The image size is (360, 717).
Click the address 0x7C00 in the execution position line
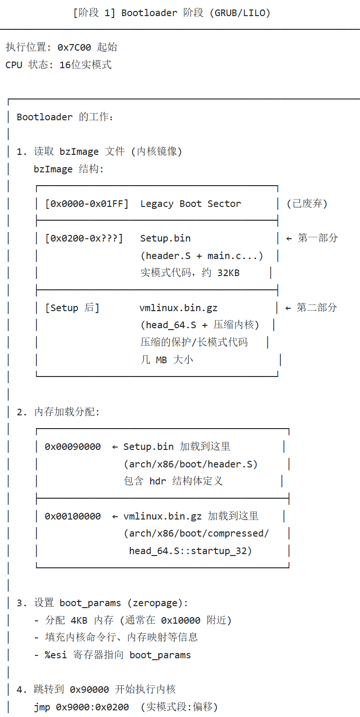74,47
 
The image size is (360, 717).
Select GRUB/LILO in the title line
242,13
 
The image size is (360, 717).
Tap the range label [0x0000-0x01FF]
87,204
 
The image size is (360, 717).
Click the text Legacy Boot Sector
190,204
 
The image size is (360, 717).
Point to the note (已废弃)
307,204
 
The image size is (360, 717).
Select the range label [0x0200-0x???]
84,239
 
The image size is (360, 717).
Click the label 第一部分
318,238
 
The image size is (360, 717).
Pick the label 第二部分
317,308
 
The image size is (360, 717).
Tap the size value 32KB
228,273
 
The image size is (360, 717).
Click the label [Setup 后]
72,308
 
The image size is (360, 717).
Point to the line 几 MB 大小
167,360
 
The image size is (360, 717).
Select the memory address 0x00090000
72,447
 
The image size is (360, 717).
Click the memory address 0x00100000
72,517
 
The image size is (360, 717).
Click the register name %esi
56,655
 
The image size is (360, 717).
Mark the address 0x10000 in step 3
180,620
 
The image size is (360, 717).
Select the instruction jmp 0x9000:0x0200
81,708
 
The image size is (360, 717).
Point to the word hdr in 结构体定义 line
158,482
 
